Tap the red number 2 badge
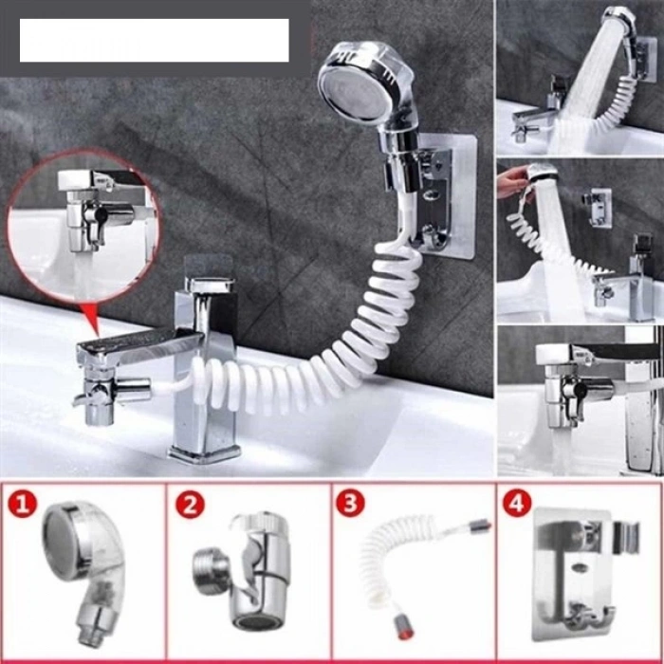pyautogui.click(x=190, y=504)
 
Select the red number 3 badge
pyautogui.click(x=351, y=504)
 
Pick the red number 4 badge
pyautogui.click(x=517, y=504)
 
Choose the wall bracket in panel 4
pyautogui.click(x=579, y=569)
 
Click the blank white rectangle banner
pyautogui.click(x=154, y=40)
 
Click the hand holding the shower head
pyautogui.click(x=511, y=180)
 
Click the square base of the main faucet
pyautogui.click(x=204, y=446)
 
